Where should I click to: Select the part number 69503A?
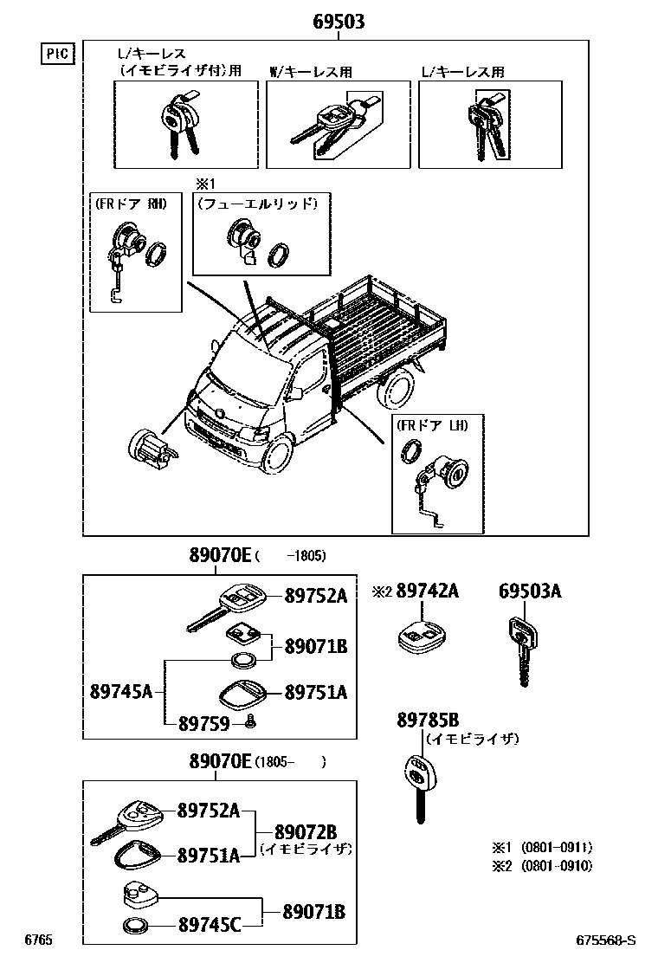[529, 591]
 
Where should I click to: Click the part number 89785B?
[428, 720]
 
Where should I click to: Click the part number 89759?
[203, 722]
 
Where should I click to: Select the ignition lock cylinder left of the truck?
[151, 447]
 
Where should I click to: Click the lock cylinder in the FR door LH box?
[451, 474]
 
